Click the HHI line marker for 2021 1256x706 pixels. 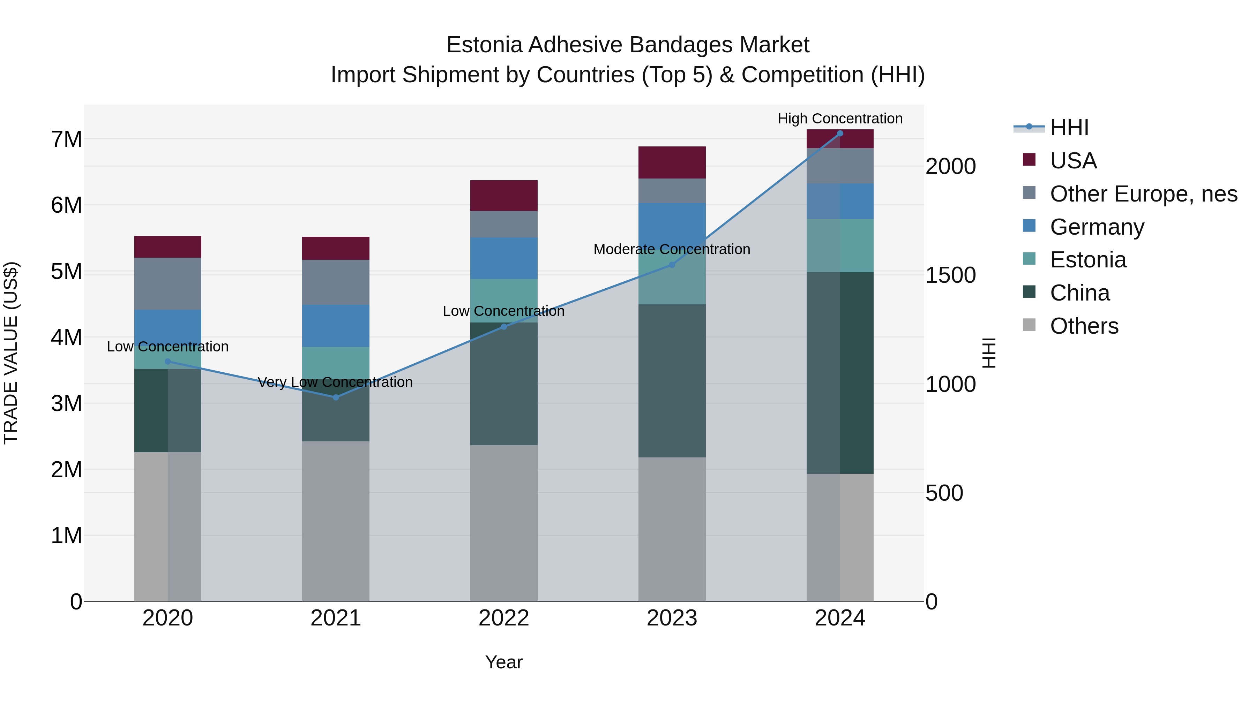coord(335,397)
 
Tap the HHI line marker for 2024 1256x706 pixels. coord(840,134)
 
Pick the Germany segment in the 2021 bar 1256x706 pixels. coord(335,326)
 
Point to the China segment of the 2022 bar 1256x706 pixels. coord(504,384)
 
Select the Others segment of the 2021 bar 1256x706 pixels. coord(335,521)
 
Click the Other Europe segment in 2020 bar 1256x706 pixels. coord(168,283)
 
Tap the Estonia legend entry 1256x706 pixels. coord(1088,260)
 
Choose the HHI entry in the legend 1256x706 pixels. coord(1069,128)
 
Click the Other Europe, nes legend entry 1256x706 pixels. coord(1143,194)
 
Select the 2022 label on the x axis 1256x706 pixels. coord(504,618)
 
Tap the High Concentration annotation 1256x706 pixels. coord(840,119)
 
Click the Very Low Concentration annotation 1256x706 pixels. coord(335,382)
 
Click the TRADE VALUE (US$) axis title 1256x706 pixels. coord(11,353)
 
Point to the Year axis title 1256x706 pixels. coord(504,662)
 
